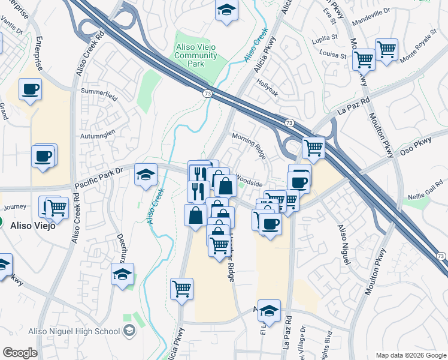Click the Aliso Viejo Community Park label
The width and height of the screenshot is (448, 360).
(196, 56)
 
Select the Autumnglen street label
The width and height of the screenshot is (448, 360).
(98, 136)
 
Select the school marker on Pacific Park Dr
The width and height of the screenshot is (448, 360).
(146, 175)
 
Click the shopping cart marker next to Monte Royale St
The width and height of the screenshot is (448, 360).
(386, 49)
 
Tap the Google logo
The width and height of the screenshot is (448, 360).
(20, 352)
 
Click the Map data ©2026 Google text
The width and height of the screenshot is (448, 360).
(410, 355)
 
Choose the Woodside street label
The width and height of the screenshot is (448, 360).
(249, 178)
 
